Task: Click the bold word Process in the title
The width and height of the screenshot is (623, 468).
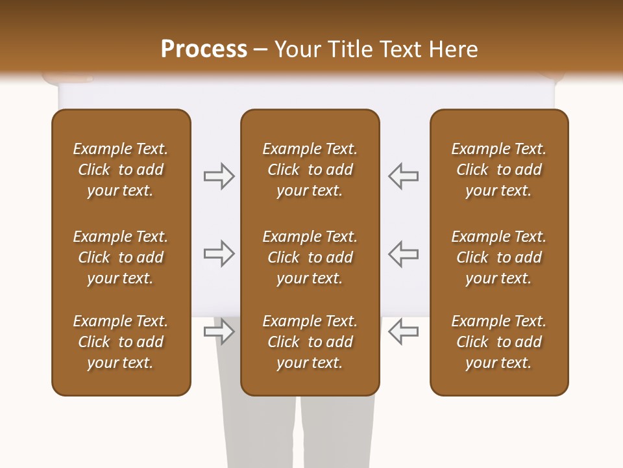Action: [204, 49]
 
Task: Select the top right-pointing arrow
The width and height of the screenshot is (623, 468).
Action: [219, 176]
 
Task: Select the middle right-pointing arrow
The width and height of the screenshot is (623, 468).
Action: [219, 253]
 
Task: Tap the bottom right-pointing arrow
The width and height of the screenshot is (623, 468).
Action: [219, 331]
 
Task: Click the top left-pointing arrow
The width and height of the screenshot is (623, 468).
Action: [403, 176]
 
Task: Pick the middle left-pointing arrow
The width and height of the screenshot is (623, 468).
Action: [403, 253]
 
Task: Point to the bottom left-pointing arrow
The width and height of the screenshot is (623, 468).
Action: [403, 331]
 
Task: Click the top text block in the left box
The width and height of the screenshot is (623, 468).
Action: [121, 170]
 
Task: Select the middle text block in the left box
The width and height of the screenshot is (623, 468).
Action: [121, 257]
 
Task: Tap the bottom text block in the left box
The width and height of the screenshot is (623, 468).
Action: [121, 342]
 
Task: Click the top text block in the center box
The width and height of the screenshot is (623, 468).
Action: [310, 170]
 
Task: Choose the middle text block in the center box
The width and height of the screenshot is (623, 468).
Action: [310, 257]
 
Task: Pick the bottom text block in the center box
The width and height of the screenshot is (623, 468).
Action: [310, 342]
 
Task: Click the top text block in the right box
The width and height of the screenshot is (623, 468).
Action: [498, 170]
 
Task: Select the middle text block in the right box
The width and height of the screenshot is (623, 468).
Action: [498, 257]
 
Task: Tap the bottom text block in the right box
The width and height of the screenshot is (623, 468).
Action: [498, 342]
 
